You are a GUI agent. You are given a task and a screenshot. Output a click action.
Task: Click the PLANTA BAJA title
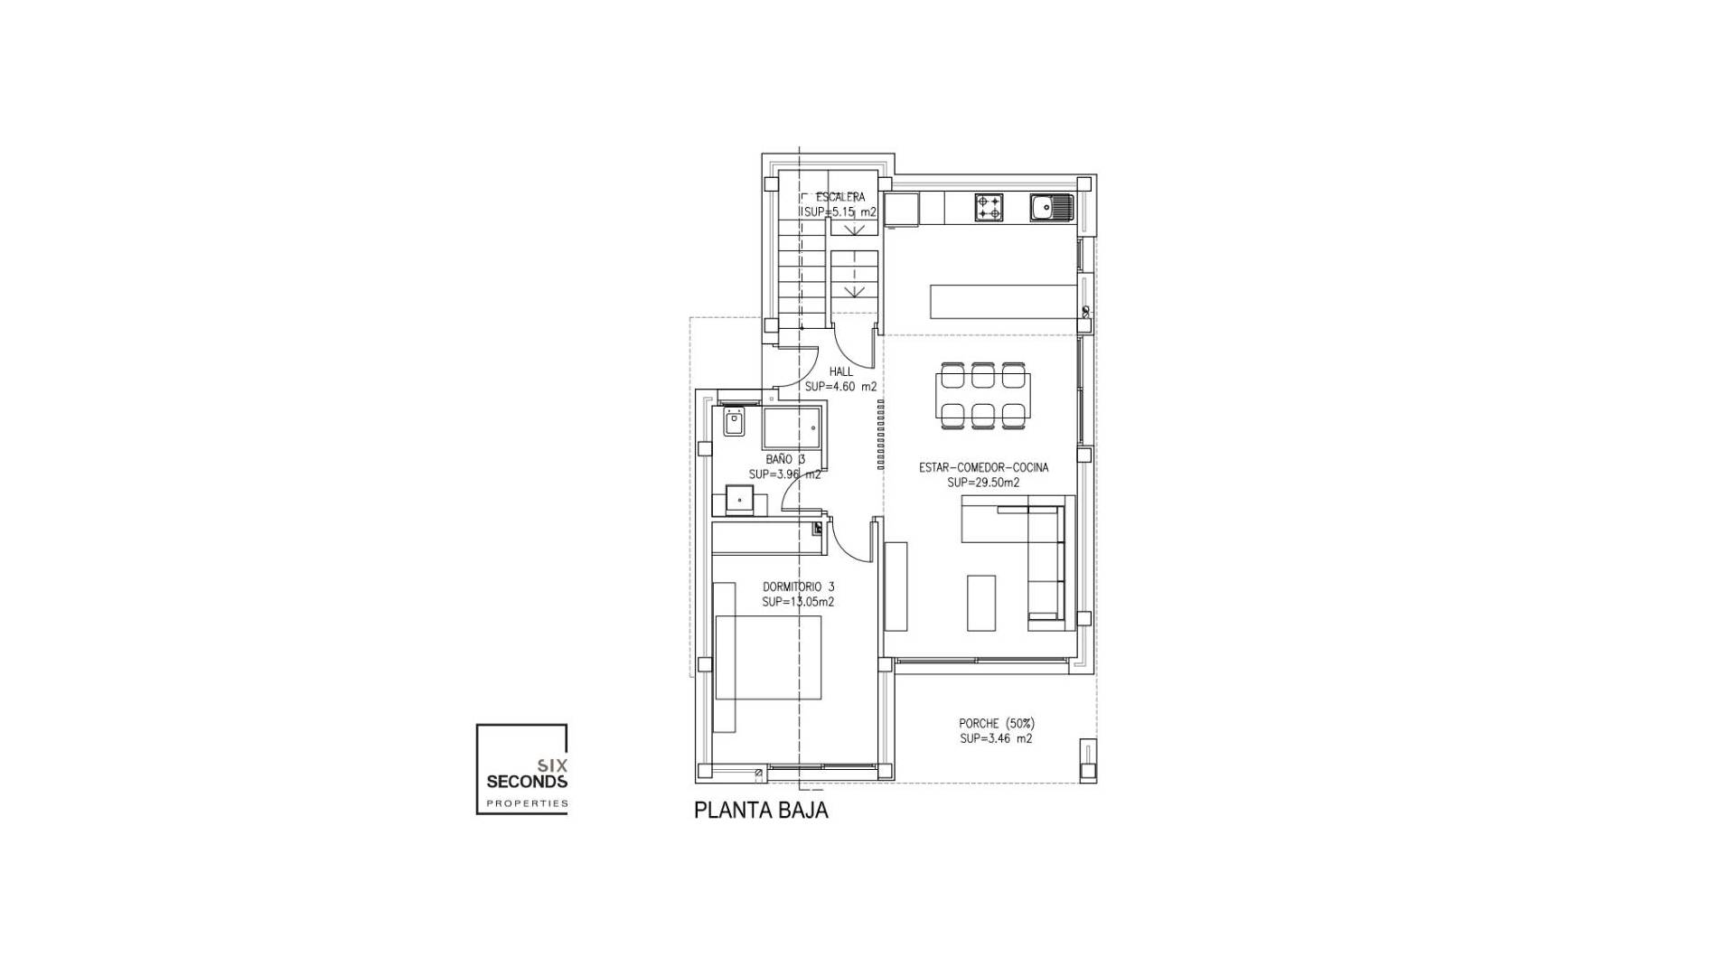pyautogui.click(x=761, y=810)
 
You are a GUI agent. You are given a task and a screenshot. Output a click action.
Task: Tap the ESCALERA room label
pyautogui.click(x=839, y=197)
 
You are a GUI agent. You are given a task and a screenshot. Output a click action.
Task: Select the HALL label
pyautogui.click(x=841, y=371)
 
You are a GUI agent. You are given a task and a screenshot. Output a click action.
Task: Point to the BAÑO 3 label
pyautogui.click(x=784, y=459)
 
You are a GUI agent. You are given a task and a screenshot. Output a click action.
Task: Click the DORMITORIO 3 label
pyautogui.click(x=798, y=587)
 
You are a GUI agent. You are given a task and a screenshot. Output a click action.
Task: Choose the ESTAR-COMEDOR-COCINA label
pyautogui.click(x=983, y=467)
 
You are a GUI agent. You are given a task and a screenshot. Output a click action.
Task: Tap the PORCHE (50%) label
pyautogui.click(x=996, y=723)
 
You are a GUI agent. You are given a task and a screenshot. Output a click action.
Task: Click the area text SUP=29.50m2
pyautogui.click(x=983, y=483)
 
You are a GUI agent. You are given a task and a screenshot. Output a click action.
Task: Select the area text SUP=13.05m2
pyautogui.click(x=798, y=602)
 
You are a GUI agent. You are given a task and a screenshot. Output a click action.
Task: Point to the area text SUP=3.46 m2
pyautogui.click(x=996, y=738)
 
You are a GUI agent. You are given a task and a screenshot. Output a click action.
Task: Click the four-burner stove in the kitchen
pyautogui.click(x=989, y=208)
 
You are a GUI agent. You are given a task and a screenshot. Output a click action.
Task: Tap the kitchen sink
pyautogui.click(x=1050, y=208)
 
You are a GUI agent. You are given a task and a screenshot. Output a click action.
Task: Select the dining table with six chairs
pyautogui.click(x=982, y=395)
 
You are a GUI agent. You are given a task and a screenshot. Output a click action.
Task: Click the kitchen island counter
pyautogui.click(x=1003, y=300)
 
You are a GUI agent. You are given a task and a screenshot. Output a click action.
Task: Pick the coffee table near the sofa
pyautogui.click(x=980, y=603)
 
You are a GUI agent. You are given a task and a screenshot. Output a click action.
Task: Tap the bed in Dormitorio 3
pyautogui.click(x=768, y=657)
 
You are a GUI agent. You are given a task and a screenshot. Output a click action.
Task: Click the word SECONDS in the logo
pyautogui.click(x=527, y=781)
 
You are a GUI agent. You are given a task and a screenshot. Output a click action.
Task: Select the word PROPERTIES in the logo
pyautogui.click(x=527, y=802)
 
